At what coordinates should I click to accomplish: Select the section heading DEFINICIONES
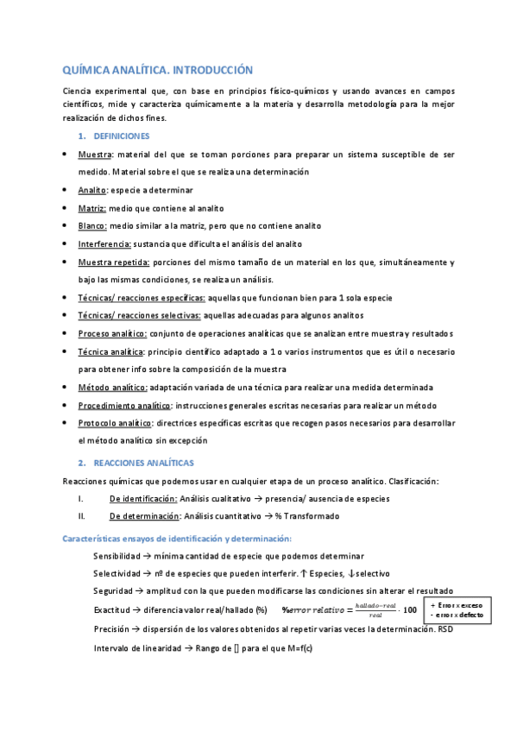pyautogui.click(x=121, y=136)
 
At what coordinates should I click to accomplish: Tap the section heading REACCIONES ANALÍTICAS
pyautogui.click(x=143, y=463)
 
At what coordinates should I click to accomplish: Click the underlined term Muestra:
pyautogui.click(x=98, y=154)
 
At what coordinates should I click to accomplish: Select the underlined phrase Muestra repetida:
pyautogui.click(x=114, y=262)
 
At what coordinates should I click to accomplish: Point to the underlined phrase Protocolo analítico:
pyautogui.click(x=116, y=423)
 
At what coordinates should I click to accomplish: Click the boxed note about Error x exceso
pyautogui.click(x=457, y=610)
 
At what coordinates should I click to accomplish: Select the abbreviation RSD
pyautogui.click(x=444, y=629)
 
